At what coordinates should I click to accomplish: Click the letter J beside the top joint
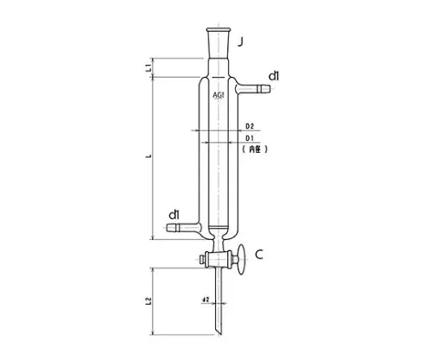tap(245, 41)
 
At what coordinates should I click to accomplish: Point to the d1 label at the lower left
tap(174, 214)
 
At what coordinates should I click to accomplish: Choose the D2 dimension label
tap(249, 127)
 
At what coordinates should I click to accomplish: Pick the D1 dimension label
tap(249, 138)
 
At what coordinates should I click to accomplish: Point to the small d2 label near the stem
tap(205, 300)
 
